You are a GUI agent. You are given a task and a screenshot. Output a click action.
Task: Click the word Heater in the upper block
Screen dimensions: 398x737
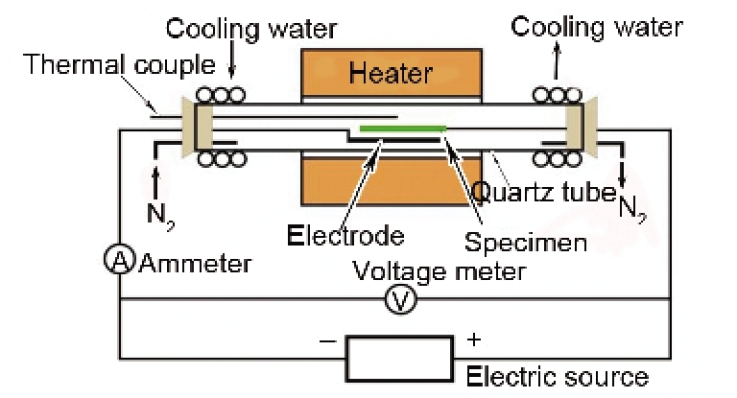(x=391, y=72)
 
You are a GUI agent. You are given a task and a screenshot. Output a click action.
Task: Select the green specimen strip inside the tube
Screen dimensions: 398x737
(x=402, y=128)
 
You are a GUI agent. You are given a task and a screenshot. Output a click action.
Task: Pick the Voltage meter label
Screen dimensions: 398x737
(x=440, y=269)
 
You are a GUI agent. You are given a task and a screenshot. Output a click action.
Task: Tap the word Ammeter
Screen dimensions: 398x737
(x=196, y=264)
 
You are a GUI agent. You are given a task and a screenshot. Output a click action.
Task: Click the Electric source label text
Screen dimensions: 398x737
(x=557, y=376)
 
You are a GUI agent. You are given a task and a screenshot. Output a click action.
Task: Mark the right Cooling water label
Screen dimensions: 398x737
(x=596, y=26)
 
